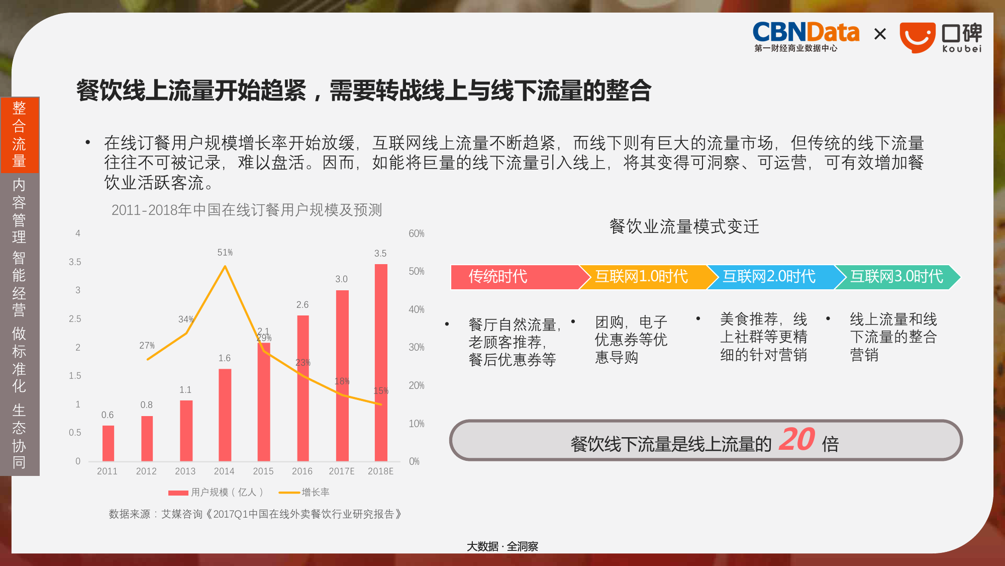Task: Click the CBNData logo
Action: point(806,36)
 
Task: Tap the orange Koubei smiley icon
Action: point(917,37)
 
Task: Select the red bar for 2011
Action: point(108,443)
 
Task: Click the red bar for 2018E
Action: point(381,362)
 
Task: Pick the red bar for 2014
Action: point(225,415)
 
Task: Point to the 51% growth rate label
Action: point(225,252)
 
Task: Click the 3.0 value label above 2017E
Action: point(341,279)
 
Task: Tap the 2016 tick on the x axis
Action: point(302,471)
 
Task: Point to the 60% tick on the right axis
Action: point(416,233)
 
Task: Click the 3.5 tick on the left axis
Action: point(75,262)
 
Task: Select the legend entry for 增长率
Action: point(304,492)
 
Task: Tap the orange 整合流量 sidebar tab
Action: point(20,134)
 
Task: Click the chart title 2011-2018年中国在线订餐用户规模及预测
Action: point(247,209)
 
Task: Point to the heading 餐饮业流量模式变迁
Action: point(684,226)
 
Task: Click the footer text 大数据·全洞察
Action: point(502,546)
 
